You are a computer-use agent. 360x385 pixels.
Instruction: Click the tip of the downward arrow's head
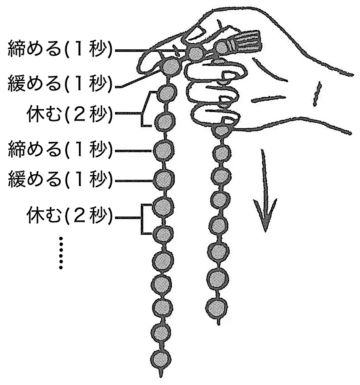[x=264, y=231]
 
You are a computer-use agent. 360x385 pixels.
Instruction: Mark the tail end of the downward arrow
[x=262, y=149]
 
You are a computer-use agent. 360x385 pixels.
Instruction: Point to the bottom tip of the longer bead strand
[x=161, y=376]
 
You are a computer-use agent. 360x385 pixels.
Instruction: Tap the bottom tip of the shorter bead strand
[x=218, y=324]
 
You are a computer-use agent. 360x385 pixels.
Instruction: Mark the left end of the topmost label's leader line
[x=115, y=51]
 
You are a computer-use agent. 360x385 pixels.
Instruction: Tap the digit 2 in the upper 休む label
[x=79, y=114]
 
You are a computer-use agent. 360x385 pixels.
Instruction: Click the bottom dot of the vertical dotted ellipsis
[x=61, y=267]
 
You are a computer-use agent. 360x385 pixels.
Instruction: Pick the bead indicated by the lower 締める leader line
[x=164, y=151]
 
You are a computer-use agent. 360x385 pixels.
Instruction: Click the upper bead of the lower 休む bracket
[x=163, y=207]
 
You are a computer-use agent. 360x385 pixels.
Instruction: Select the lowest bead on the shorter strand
[x=216, y=308]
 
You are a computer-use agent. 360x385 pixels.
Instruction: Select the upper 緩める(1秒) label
[x=60, y=83]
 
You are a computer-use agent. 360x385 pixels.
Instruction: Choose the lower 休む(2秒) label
[x=69, y=215]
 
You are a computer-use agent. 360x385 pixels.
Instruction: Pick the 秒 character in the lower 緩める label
[x=98, y=179]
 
